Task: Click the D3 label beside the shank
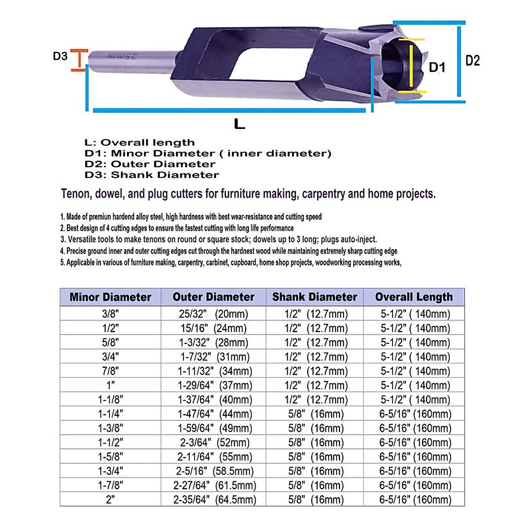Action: pyautogui.click(x=60, y=56)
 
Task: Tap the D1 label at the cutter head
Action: pyautogui.click(x=437, y=67)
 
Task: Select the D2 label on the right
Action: pyautogui.click(x=473, y=61)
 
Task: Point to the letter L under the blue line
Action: pyautogui.click(x=239, y=124)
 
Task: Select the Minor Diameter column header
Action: pyautogui.click(x=110, y=297)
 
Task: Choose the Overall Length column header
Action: pyautogui.click(x=414, y=297)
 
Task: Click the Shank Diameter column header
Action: pyautogui.click(x=315, y=297)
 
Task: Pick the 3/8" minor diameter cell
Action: pyautogui.click(x=110, y=314)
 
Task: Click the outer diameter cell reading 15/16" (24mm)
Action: pyautogui.click(x=213, y=328)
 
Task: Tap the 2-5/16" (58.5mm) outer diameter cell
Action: pyautogui.click(x=215, y=471)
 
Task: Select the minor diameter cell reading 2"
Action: pyautogui.click(x=110, y=500)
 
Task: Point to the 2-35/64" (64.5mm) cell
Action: pyautogui.click(x=215, y=500)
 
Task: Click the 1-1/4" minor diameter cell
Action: pyautogui.click(x=110, y=414)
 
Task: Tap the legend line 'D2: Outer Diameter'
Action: pyautogui.click(x=150, y=164)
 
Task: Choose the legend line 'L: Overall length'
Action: pyautogui.click(x=139, y=143)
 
